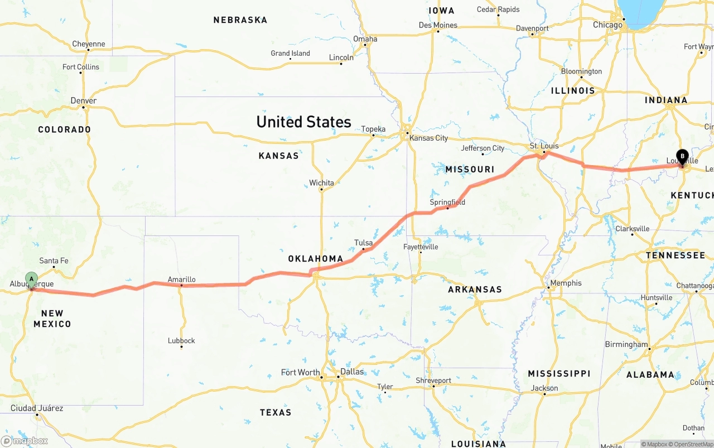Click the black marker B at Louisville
click(682, 157)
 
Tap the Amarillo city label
click(182, 280)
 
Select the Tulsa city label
click(363, 243)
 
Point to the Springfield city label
click(447, 202)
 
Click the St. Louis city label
click(544, 146)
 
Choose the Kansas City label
click(428, 138)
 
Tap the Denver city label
click(84, 101)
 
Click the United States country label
click(303, 122)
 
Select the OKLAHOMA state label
click(316, 259)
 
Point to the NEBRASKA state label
click(240, 20)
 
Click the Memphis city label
click(566, 283)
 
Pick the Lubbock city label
click(181, 340)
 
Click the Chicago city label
click(607, 25)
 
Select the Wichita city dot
click(321, 190)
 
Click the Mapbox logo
click(25, 441)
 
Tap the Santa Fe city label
click(54, 261)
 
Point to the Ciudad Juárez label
click(37, 408)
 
